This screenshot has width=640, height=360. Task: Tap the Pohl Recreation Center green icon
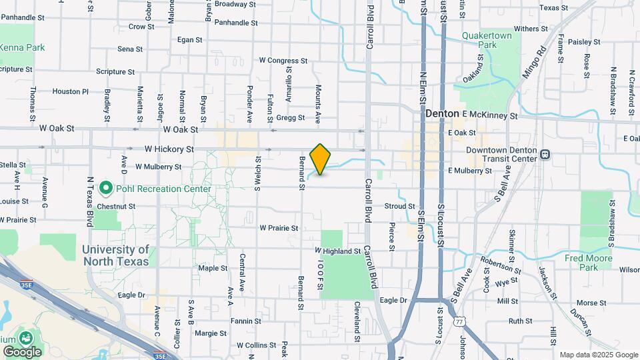click(105, 189)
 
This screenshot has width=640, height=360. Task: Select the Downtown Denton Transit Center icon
click(545, 155)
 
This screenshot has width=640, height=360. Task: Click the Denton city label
click(443, 114)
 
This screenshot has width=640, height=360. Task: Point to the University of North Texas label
click(117, 255)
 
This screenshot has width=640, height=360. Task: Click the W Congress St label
click(283, 60)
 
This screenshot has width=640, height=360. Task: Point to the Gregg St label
click(291, 118)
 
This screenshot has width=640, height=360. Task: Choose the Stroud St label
click(399, 207)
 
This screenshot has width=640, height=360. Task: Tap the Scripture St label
click(115, 71)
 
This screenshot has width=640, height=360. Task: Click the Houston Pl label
click(70, 91)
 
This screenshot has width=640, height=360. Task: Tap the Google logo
click(22, 351)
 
